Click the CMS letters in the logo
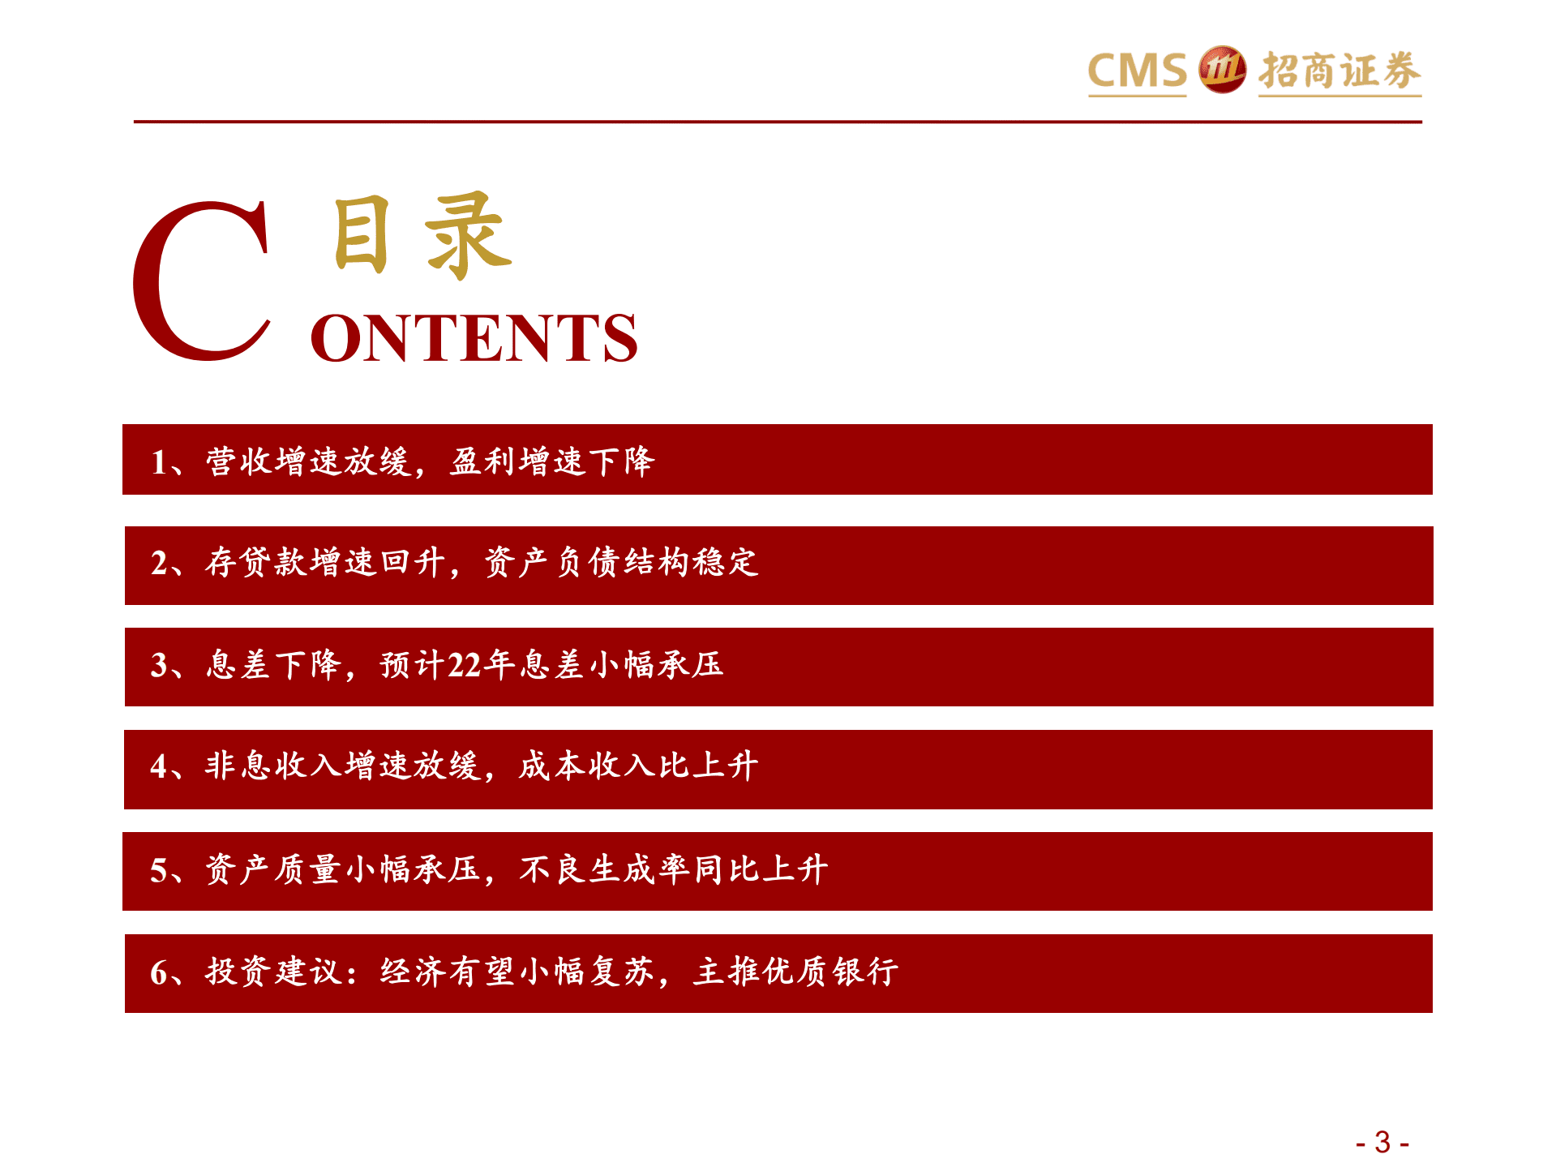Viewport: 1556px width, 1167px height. coord(1137,71)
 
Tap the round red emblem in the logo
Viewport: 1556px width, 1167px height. coord(1222,70)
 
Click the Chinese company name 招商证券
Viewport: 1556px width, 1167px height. coord(1340,71)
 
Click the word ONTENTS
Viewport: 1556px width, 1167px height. coord(474,338)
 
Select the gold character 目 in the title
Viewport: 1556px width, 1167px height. coord(362,234)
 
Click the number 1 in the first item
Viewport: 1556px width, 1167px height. coord(158,462)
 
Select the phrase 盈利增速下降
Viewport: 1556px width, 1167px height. coord(552,461)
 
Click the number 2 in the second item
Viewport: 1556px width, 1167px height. coord(159,563)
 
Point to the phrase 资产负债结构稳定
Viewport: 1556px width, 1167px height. coord(622,562)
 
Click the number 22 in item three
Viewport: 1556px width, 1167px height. coord(465,665)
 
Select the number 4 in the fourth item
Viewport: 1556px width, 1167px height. coord(158,766)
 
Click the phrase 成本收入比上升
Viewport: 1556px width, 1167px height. coord(639,766)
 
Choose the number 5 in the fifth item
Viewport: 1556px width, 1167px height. coord(158,870)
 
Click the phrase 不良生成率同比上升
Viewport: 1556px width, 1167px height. coord(674,869)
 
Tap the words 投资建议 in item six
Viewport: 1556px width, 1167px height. coord(274,972)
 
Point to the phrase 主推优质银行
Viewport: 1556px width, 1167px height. coord(795,972)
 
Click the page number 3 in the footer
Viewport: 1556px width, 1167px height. coord(1382,1143)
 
